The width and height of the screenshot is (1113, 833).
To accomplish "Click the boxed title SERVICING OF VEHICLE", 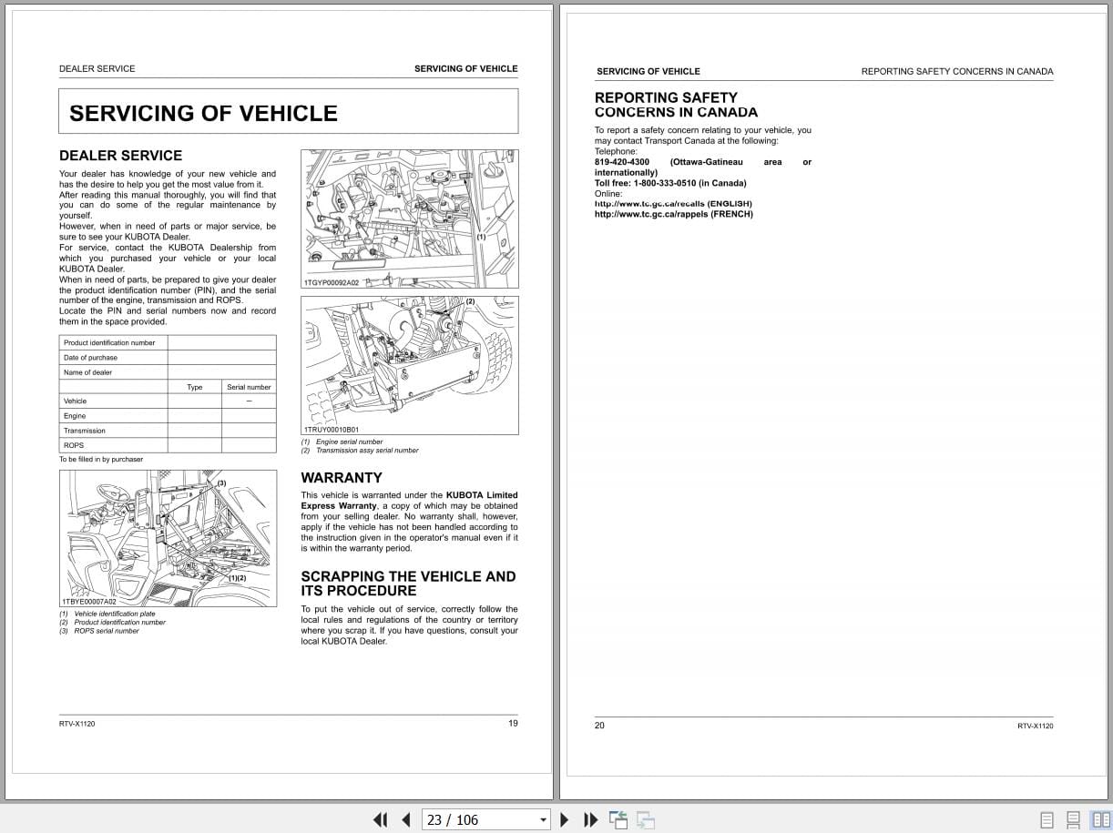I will click(x=203, y=113).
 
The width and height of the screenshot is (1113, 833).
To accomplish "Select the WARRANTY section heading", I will click(x=342, y=477).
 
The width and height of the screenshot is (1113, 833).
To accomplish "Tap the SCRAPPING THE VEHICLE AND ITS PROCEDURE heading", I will click(x=408, y=583).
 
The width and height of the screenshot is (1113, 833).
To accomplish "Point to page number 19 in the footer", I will click(x=513, y=723).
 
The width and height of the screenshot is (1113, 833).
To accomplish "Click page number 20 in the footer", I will click(x=599, y=726).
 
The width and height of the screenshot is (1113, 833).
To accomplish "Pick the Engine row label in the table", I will click(x=75, y=416).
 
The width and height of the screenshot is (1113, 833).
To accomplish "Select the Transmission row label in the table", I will click(x=85, y=431).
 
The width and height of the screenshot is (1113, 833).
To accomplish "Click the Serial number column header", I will click(x=249, y=387).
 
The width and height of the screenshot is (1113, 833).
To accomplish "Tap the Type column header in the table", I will click(x=195, y=387).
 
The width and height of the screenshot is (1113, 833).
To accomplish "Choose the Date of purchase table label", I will click(x=90, y=358).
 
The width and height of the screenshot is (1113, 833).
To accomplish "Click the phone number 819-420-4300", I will click(x=622, y=162).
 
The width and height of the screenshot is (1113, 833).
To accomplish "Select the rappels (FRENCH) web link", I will click(x=673, y=214).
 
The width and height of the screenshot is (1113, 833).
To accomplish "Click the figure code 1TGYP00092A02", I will click(x=332, y=283).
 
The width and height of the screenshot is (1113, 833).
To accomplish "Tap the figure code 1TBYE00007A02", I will click(x=89, y=602).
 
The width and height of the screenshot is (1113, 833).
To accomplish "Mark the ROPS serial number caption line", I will click(x=106, y=631).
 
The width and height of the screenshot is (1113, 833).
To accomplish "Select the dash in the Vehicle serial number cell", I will click(x=249, y=401).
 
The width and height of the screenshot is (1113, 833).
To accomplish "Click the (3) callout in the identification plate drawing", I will click(x=221, y=483).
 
